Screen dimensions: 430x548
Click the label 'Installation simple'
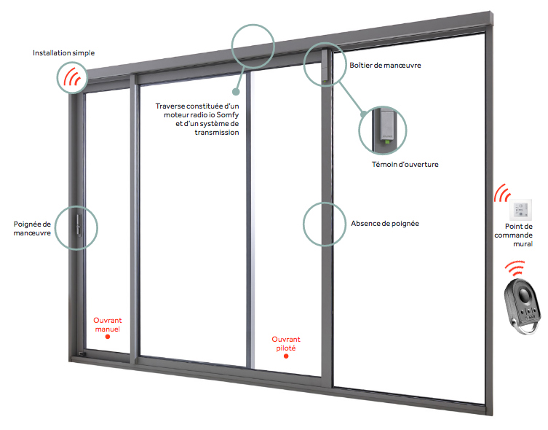click(64, 53)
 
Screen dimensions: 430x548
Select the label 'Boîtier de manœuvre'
click(385, 66)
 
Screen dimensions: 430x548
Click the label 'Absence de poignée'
click(385, 223)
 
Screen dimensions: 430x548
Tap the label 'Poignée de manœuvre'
click(32, 228)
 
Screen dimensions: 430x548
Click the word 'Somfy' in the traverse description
click(226, 115)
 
